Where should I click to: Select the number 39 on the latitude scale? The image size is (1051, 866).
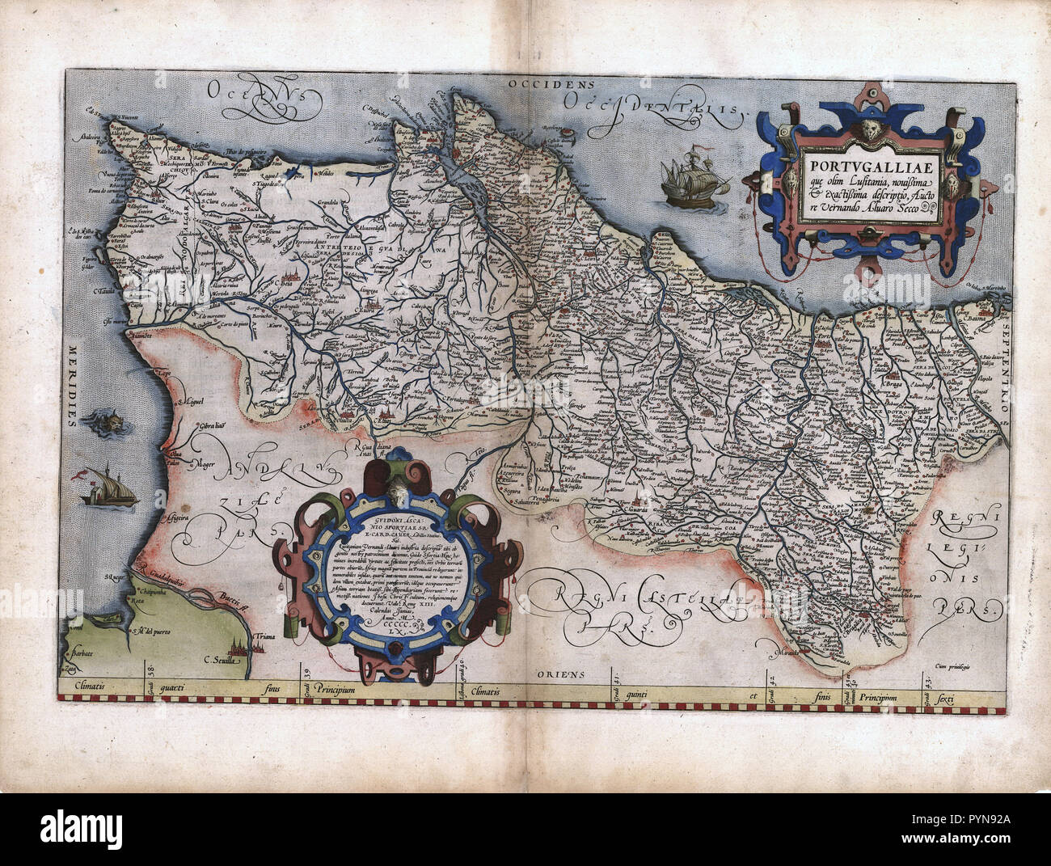point(306,670)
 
